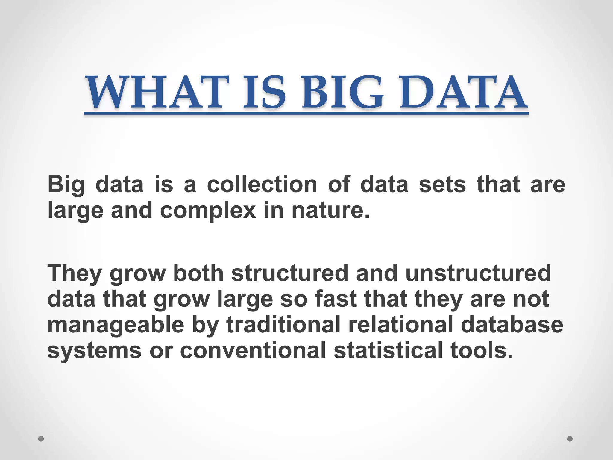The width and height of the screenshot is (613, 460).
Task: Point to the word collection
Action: (262, 184)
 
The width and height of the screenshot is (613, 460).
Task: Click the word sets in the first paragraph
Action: (442, 184)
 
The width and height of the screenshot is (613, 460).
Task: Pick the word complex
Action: (208, 211)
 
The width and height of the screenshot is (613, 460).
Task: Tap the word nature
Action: (330, 211)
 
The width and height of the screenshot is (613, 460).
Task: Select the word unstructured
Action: (478, 273)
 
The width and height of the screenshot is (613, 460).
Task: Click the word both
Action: (198, 273)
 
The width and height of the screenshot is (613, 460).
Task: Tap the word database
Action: (512, 325)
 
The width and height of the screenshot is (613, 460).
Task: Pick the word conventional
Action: (253, 350)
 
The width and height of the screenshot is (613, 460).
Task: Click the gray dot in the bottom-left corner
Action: (41, 439)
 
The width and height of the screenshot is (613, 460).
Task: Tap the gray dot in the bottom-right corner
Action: (570, 439)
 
